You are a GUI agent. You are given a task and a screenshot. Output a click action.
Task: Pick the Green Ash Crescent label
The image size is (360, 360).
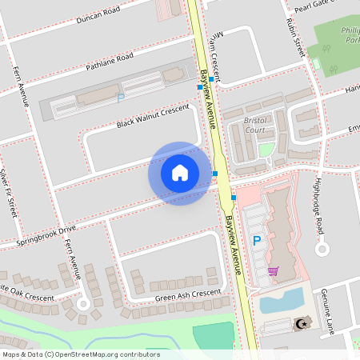(188, 295)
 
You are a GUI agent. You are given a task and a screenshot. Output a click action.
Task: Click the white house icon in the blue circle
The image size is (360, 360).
(180, 172)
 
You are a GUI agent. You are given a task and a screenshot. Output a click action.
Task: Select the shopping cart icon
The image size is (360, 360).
(273, 271)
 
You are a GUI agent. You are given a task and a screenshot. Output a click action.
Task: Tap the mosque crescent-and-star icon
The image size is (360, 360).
(302, 324)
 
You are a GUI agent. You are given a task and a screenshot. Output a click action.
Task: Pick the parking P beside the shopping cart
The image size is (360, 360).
(257, 240)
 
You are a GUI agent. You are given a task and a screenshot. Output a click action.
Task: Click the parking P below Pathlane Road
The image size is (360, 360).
(121, 98)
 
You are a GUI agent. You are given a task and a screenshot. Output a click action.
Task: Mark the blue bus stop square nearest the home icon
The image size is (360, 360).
(215, 173)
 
